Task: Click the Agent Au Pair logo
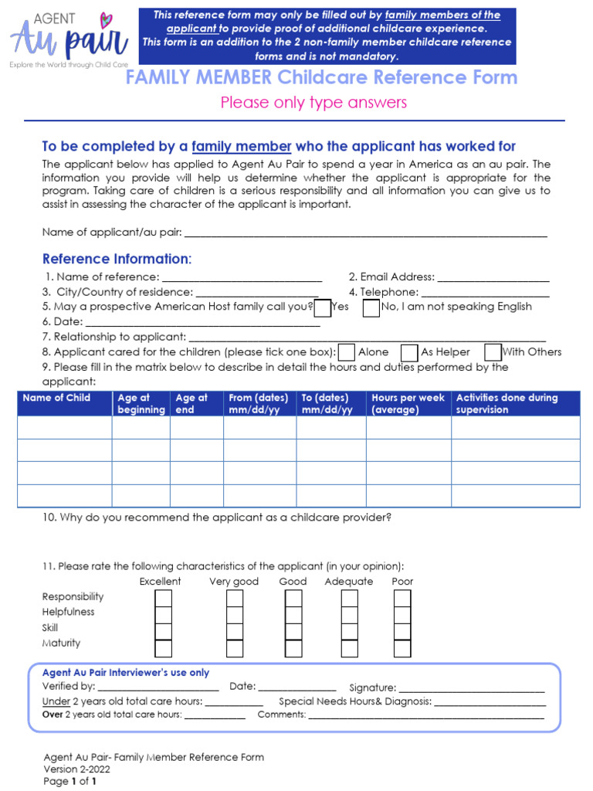click(x=68, y=40)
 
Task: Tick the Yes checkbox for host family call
click(x=323, y=308)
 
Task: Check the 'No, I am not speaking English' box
click(x=371, y=308)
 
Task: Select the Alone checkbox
click(x=347, y=352)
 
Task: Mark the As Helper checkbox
click(x=410, y=352)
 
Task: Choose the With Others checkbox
click(x=493, y=352)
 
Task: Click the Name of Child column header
click(x=56, y=399)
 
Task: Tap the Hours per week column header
click(x=408, y=403)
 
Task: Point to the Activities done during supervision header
click(x=507, y=403)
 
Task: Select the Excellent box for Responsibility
click(x=164, y=599)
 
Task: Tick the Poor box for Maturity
click(x=402, y=647)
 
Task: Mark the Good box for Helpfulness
click(x=293, y=615)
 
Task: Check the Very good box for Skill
click(x=235, y=631)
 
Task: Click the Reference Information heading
click(x=117, y=259)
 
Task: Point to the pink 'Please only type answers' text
click(x=313, y=103)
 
